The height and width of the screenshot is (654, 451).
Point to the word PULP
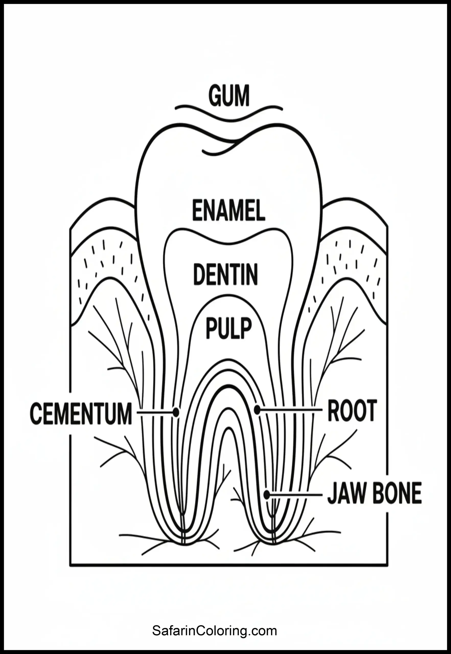point(229,328)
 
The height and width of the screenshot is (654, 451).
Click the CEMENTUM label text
point(81,414)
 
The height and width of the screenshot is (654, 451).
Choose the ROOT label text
point(352,411)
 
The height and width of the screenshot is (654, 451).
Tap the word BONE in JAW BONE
point(397,493)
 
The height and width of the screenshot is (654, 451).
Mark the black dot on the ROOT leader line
point(257,409)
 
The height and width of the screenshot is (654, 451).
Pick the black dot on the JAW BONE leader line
point(267,495)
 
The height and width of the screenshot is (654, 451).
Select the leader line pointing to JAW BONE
point(295,495)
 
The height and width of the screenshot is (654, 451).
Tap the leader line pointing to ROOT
point(290,409)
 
